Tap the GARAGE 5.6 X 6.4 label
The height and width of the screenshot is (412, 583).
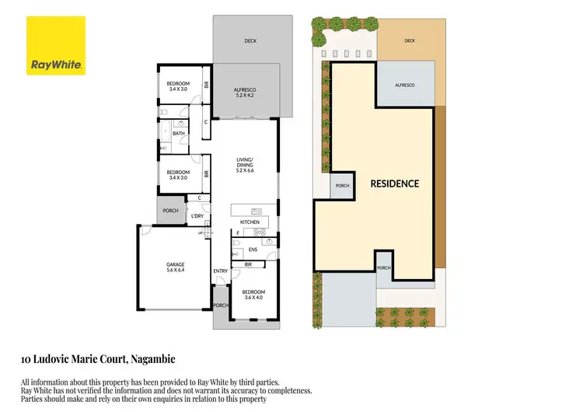tap(174, 267)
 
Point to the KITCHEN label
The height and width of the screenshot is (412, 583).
tap(249, 223)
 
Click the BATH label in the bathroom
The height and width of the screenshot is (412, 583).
tap(179, 134)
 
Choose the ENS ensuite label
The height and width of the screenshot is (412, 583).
tap(252, 250)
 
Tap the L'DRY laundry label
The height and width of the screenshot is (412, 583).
tap(197, 216)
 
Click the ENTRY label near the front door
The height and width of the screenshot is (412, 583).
tap(221, 271)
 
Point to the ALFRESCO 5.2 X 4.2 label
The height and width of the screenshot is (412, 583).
tap(245, 93)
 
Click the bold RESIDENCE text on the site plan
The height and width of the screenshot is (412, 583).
tap(394, 184)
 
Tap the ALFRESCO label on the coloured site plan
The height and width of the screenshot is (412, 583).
tap(404, 85)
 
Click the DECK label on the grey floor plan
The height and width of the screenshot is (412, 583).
tap(250, 41)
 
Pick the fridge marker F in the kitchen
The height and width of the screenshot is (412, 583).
tap(238, 233)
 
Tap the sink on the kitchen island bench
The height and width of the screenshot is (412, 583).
tap(257, 211)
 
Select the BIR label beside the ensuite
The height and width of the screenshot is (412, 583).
tap(247, 264)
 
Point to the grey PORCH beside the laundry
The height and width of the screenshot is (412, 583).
tap(170, 211)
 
